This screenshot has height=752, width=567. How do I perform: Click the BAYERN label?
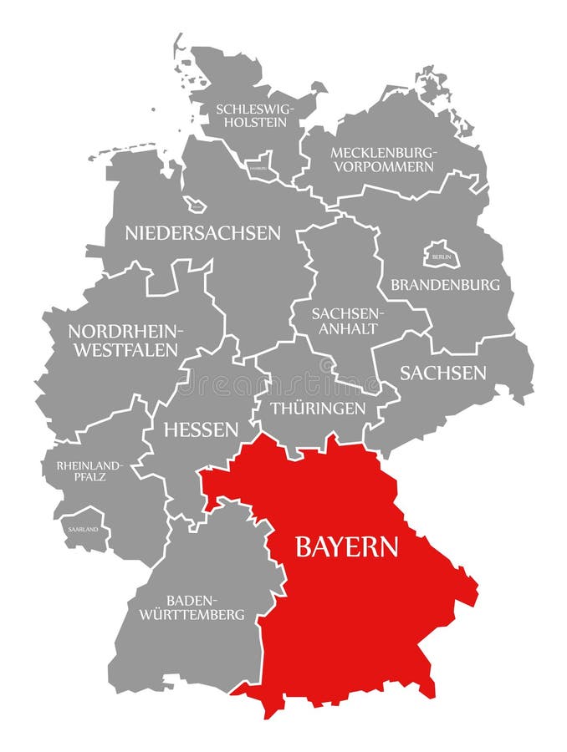[346, 547]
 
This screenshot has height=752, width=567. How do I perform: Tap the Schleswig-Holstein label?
[251, 115]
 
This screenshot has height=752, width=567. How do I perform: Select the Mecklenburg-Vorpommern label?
[382, 159]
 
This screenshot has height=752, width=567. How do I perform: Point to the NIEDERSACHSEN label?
[202, 233]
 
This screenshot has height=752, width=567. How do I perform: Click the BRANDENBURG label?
[445, 284]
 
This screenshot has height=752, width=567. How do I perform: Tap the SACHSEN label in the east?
[442, 373]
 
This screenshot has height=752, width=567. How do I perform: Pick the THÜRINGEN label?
[317, 409]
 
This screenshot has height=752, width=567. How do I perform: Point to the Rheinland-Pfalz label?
[90, 470]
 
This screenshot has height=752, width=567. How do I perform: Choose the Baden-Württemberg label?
[205, 607]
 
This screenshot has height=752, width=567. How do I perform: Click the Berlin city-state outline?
[441, 254]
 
